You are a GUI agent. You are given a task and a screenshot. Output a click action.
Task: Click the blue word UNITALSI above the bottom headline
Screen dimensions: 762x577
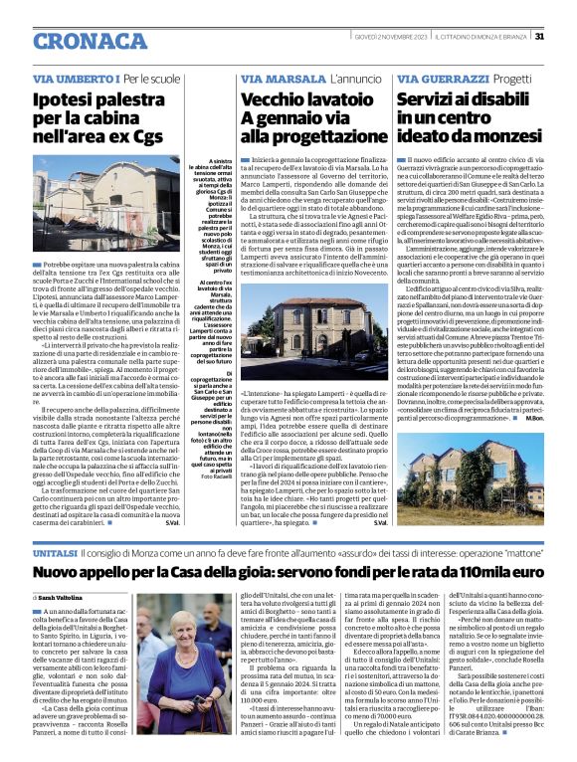(54, 551)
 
